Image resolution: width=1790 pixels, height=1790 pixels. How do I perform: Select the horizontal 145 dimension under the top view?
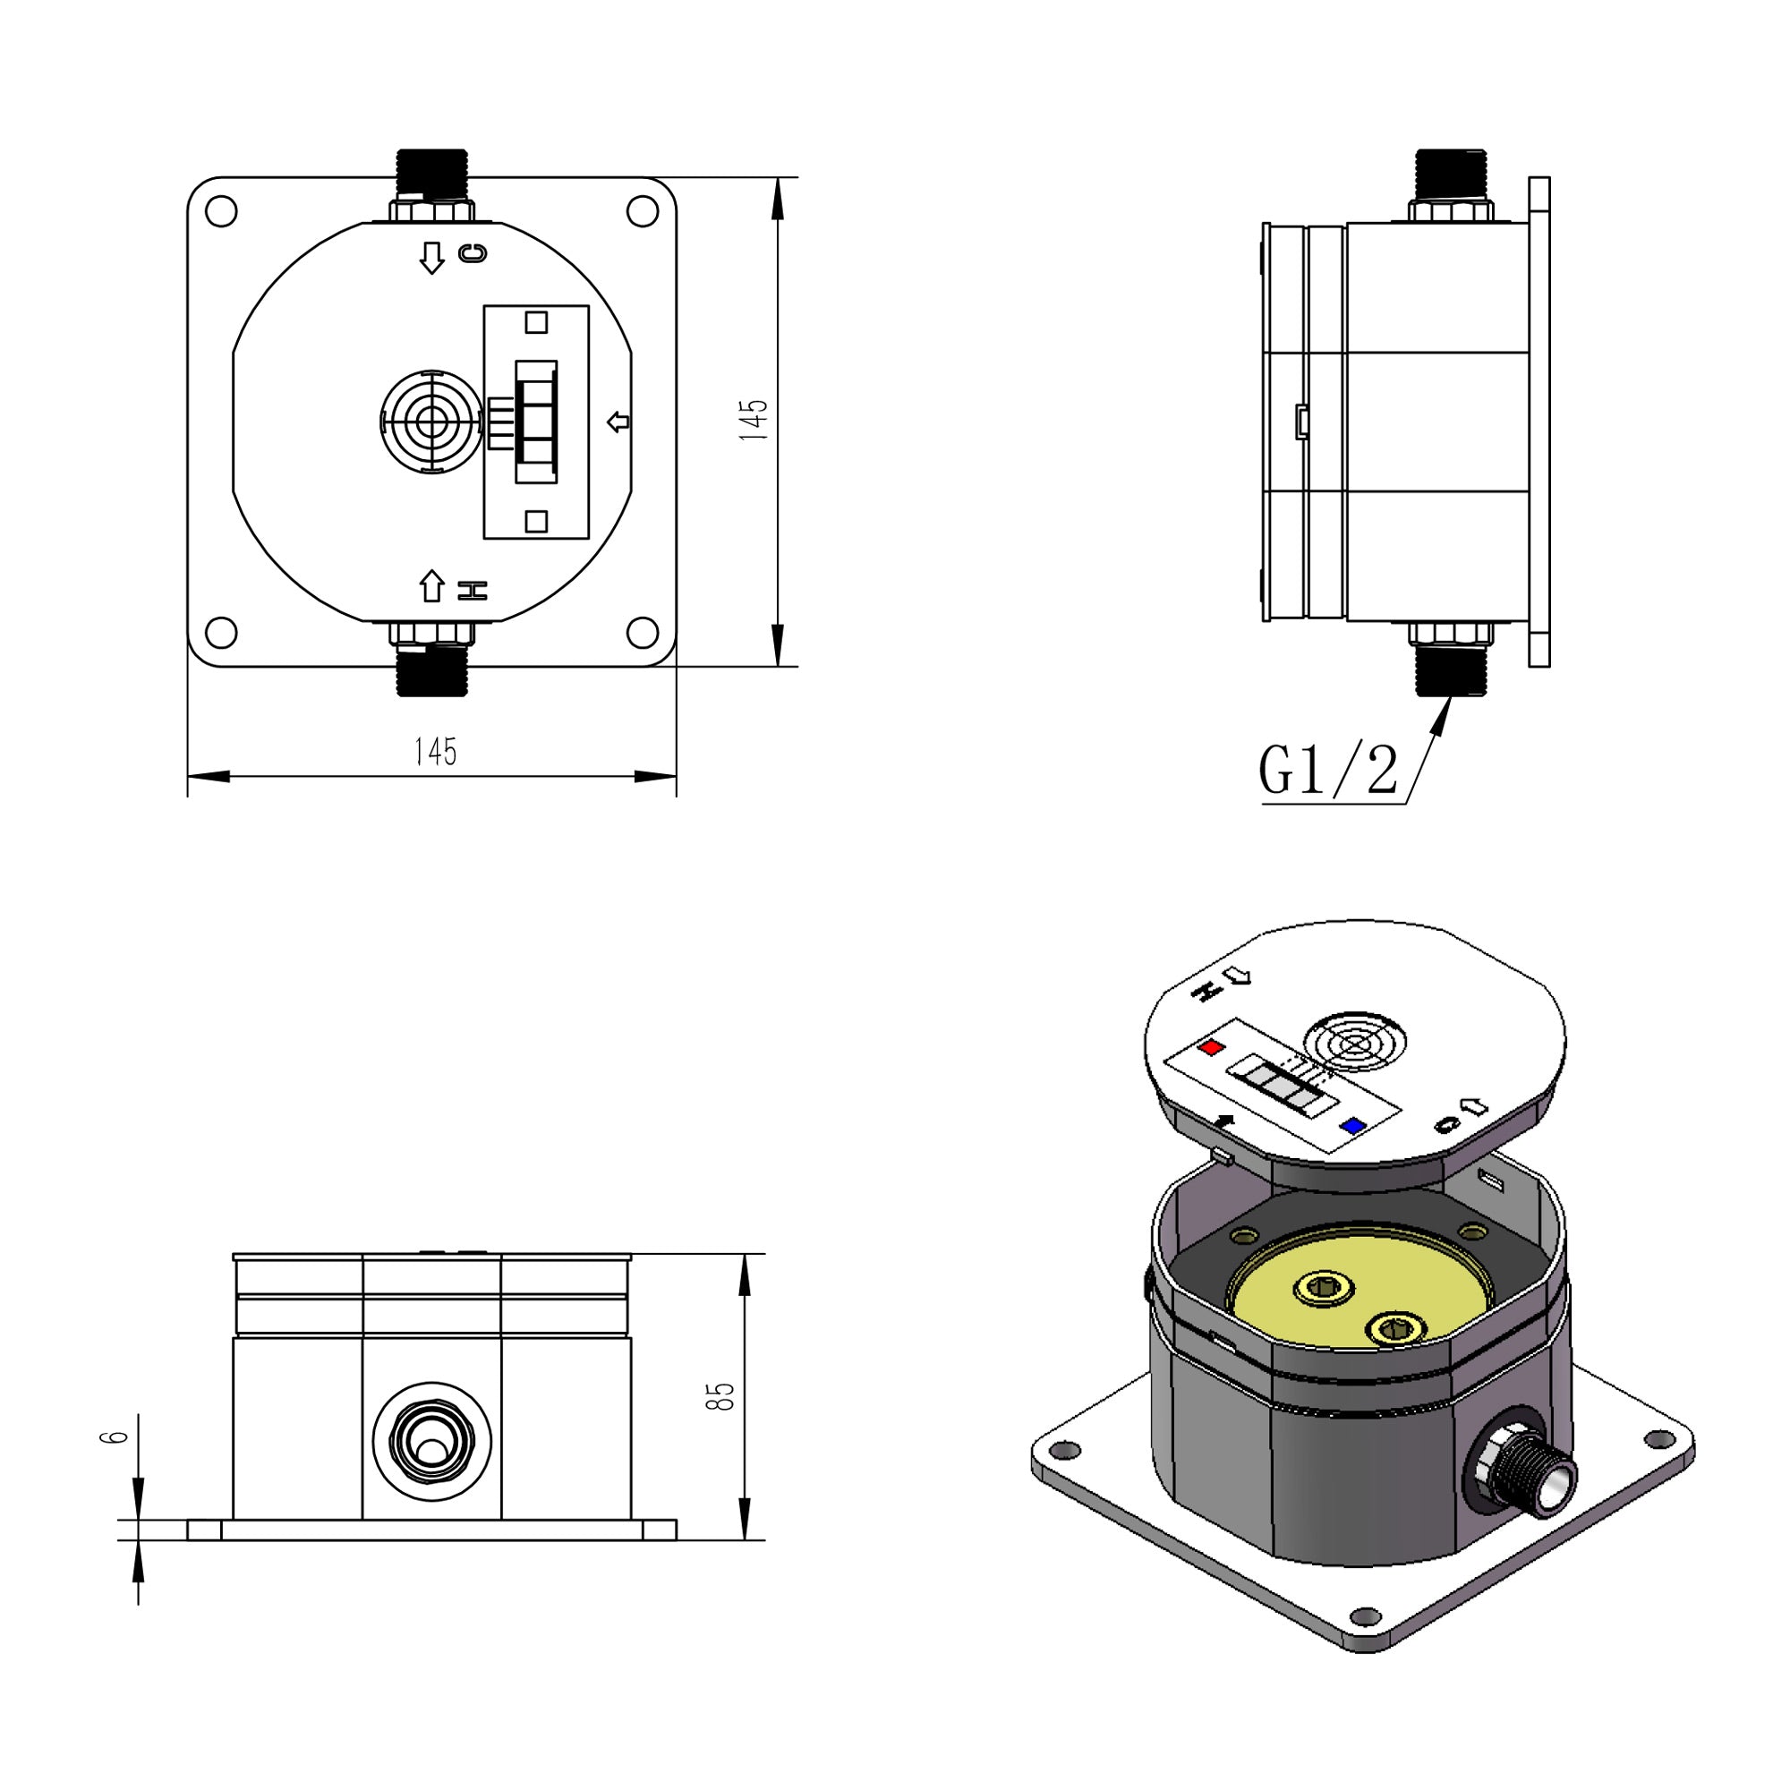click(x=435, y=752)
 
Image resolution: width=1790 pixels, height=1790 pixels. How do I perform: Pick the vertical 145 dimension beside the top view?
click(x=755, y=420)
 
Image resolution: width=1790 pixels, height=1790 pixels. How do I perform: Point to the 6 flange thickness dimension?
click(x=113, y=1437)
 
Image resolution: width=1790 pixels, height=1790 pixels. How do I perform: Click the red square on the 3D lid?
click(x=1211, y=1048)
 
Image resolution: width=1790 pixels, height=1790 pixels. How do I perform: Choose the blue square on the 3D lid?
click(x=1353, y=1127)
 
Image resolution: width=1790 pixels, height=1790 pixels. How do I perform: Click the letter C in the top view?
click(x=473, y=253)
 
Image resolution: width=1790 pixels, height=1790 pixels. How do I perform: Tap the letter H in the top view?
click(x=473, y=590)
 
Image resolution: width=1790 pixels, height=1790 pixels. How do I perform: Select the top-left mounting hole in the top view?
click(x=220, y=211)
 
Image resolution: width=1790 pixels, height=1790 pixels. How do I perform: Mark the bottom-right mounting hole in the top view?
click(x=642, y=633)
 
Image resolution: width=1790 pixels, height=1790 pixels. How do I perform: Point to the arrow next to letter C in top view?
click(x=431, y=257)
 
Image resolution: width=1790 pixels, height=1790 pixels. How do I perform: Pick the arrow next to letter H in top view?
click(x=431, y=585)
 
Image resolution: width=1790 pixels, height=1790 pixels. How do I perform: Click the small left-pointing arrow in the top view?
click(x=618, y=422)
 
